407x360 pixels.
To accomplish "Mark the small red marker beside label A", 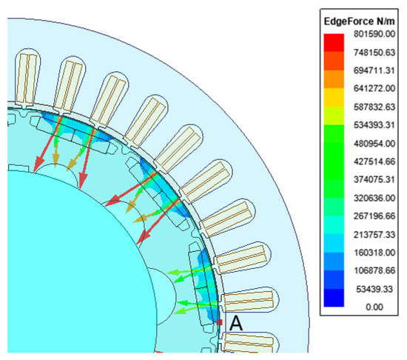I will [x=220, y=323].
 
